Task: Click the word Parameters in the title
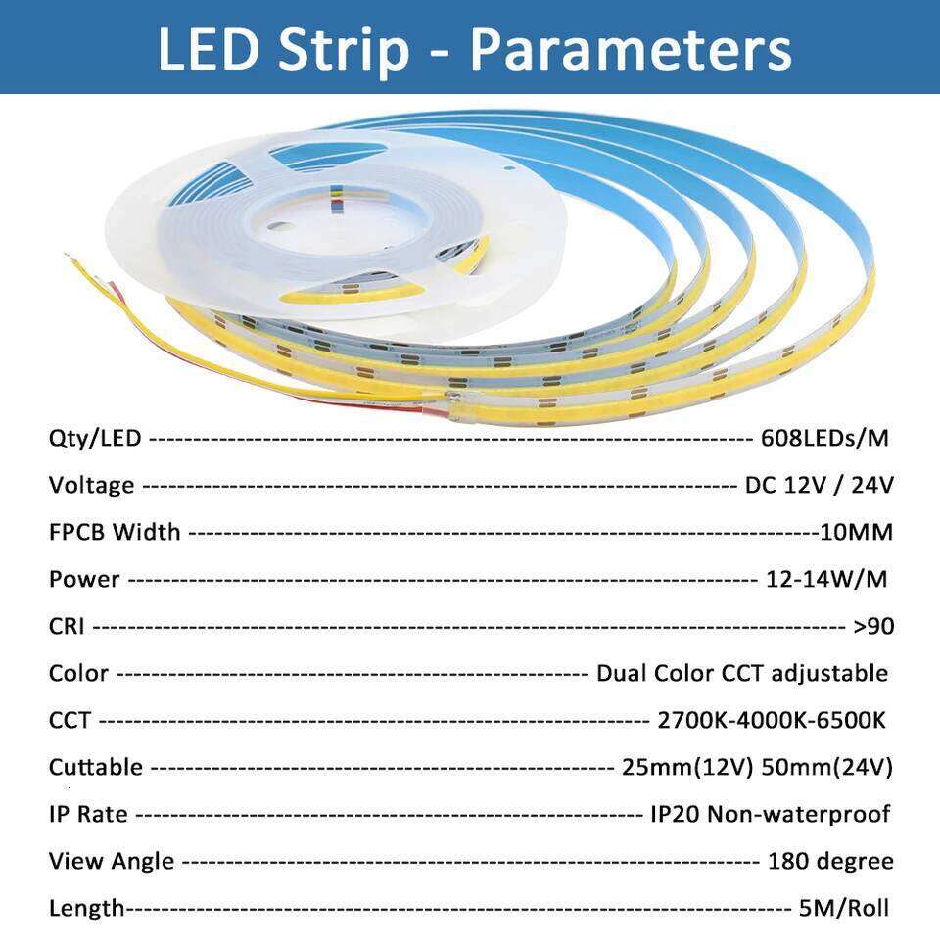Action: click(x=631, y=49)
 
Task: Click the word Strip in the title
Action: click(x=342, y=49)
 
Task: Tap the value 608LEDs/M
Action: click(x=824, y=438)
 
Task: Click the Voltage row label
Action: click(x=91, y=485)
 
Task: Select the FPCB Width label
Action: click(x=115, y=532)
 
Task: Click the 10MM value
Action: click(x=857, y=532)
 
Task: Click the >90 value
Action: click(x=873, y=626)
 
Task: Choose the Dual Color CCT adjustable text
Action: click(x=742, y=673)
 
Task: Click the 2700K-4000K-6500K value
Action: click(x=772, y=720)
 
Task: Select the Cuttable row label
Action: click(x=95, y=767)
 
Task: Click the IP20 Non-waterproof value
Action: click(x=770, y=814)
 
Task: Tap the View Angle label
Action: click(x=112, y=861)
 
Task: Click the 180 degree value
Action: click(x=830, y=861)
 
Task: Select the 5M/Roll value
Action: click(x=844, y=908)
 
